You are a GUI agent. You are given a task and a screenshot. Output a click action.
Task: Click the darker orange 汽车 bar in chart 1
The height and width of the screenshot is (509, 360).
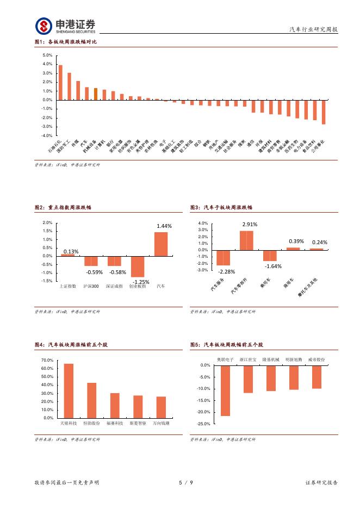click(95, 94)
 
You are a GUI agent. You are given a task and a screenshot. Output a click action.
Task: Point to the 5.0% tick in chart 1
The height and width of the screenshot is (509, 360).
click(47, 55)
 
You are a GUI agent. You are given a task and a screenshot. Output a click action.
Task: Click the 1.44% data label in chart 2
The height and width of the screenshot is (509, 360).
click(164, 226)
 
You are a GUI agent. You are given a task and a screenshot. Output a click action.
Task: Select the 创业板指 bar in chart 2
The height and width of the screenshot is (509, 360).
click(138, 266)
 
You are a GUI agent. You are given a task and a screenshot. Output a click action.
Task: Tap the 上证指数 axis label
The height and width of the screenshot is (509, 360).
click(68, 285)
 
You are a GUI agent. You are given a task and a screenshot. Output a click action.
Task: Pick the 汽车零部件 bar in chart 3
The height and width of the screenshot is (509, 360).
click(246, 240)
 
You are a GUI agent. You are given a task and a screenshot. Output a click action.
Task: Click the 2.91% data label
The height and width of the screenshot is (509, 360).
click(250, 224)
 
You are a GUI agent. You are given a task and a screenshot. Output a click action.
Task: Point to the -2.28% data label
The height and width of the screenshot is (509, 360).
click(226, 271)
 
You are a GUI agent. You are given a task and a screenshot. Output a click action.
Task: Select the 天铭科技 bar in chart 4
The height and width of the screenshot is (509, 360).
click(69, 390)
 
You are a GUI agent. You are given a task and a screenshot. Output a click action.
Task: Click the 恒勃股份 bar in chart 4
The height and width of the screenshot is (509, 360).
click(91, 400)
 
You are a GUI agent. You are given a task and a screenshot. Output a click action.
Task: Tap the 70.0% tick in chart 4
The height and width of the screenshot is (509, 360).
click(47, 361)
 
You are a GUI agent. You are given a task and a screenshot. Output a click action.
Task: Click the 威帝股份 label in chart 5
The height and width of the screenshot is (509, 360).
click(316, 359)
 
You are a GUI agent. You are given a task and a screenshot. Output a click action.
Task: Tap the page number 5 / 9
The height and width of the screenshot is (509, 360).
click(186, 482)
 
